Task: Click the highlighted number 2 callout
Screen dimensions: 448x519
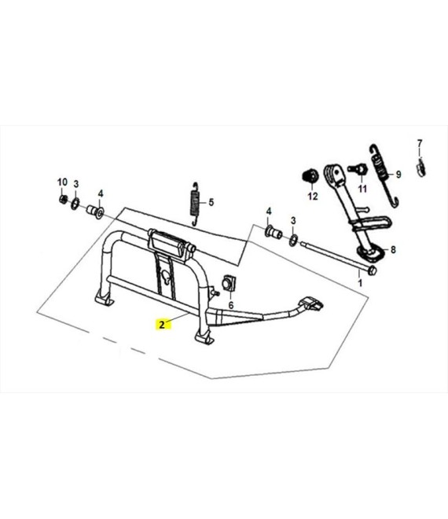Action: click(x=162, y=324)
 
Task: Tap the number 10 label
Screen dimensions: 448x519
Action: click(x=62, y=182)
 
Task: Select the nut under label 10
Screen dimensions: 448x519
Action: click(x=63, y=199)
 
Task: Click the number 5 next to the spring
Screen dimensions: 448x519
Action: click(x=211, y=202)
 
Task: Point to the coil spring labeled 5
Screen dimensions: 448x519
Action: click(x=195, y=204)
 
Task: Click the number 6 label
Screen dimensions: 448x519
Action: click(x=231, y=305)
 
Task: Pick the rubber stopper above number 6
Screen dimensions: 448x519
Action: click(x=229, y=283)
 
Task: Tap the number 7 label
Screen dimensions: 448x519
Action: click(x=420, y=144)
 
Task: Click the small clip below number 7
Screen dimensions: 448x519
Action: click(x=420, y=167)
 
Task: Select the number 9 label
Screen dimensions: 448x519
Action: click(x=398, y=174)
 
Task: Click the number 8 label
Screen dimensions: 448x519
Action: click(x=393, y=249)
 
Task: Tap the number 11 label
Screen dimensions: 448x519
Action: click(x=362, y=189)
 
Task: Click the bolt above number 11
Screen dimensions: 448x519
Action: click(x=358, y=169)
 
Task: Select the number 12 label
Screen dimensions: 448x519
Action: click(x=313, y=197)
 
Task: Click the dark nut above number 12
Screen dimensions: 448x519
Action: click(x=310, y=175)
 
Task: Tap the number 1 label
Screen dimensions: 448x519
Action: click(x=360, y=283)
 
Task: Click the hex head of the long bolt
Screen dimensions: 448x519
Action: click(x=372, y=271)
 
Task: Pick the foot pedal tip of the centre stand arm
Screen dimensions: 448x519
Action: click(x=311, y=304)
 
